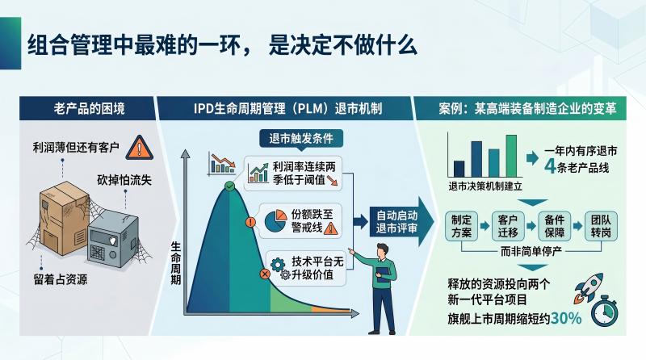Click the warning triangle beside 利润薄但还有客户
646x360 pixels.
139,148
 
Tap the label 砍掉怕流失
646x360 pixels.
124,180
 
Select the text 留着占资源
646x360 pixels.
60,279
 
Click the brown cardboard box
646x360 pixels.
64,217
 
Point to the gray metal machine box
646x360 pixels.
113,239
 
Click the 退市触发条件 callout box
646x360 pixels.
301,138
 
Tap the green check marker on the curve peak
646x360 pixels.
230,186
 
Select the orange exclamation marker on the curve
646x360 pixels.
250,223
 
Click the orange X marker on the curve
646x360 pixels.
265,274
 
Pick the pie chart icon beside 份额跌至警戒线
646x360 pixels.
275,221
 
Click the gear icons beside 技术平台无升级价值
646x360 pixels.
280,269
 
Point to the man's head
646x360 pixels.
383,251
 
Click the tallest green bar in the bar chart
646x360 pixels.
511,156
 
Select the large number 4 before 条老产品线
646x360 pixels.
551,166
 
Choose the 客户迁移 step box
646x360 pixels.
508,226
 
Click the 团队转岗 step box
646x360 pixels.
601,226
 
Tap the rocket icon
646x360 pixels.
588,287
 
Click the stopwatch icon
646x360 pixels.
604,311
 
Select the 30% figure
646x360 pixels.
566,318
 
